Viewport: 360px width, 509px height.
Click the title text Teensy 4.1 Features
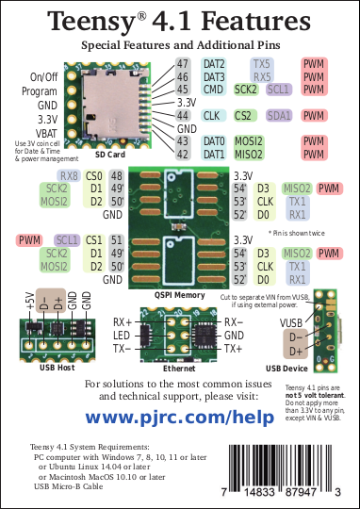179,21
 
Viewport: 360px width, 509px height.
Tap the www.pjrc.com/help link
179,415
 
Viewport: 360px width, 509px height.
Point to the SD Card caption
110,154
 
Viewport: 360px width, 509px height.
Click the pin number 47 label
183,63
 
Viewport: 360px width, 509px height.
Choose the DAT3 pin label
214,76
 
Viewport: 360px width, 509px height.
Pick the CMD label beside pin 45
213,90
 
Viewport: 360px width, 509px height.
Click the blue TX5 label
262,63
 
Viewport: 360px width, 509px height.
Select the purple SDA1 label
279,115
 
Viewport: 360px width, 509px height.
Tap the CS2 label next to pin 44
243,115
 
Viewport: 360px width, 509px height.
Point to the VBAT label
44,133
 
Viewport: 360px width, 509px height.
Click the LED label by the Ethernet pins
123,336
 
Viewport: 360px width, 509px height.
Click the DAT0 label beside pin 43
214,140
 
